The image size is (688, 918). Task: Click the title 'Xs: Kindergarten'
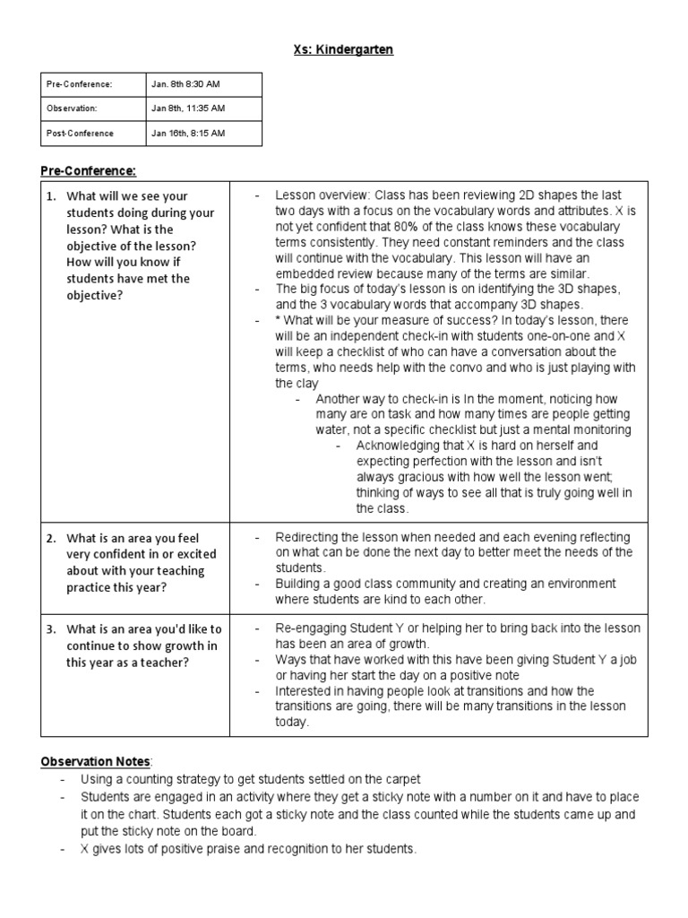pyautogui.click(x=344, y=49)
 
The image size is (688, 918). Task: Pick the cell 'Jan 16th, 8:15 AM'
pyautogui.click(x=188, y=134)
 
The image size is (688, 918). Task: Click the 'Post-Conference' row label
pyautogui.click(x=80, y=134)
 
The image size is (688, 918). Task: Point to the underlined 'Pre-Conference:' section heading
pyautogui.click(x=88, y=170)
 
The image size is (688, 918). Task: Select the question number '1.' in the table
pyautogui.click(x=53, y=196)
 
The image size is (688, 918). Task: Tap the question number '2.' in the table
pyautogui.click(x=53, y=538)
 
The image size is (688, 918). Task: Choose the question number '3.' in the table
pyautogui.click(x=53, y=629)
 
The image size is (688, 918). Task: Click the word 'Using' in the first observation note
pyautogui.click(x=96, y=779)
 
